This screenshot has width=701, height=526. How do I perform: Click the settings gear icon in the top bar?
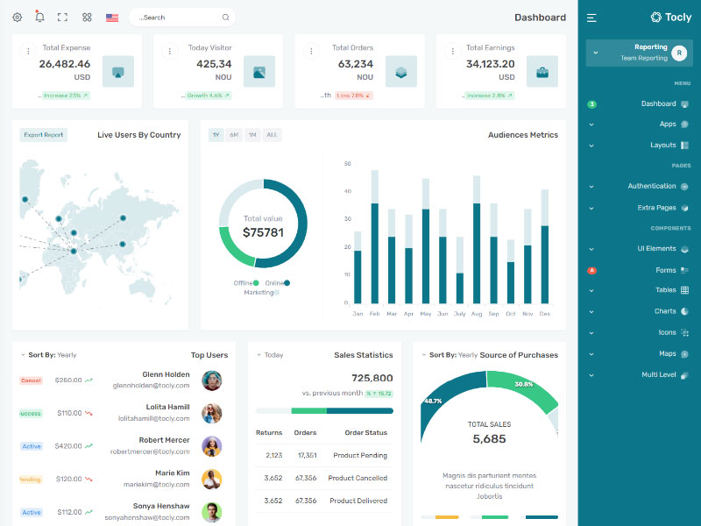point(17,18)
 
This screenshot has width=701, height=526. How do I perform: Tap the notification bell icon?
point(39,17)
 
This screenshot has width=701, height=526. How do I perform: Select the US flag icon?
point(112,18)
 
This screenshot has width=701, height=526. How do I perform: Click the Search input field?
point(180,18)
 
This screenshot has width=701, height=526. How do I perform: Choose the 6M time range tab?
point(234,135)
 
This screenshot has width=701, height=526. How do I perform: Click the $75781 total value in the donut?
point(263,232)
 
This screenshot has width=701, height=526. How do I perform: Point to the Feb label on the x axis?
point(374,314)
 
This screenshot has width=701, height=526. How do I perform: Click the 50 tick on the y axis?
point(348,164)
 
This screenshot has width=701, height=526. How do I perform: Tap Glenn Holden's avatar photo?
point(211,380)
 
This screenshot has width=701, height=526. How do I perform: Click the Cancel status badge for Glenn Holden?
point(31,380)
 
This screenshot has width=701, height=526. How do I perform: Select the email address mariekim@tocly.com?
point(157,484)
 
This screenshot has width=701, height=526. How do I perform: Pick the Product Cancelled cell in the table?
point(358,478)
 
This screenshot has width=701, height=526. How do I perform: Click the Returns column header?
point(269,432)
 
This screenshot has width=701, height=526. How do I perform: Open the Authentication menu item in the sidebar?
point(652,186)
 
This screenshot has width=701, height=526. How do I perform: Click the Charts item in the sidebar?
point(665,311)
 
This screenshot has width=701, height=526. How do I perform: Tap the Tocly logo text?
point(678,18)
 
